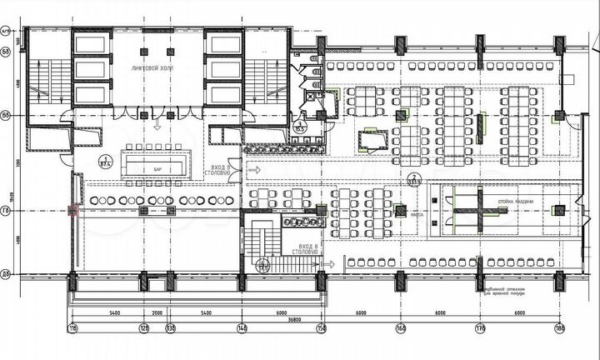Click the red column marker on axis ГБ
click(73, 211)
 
